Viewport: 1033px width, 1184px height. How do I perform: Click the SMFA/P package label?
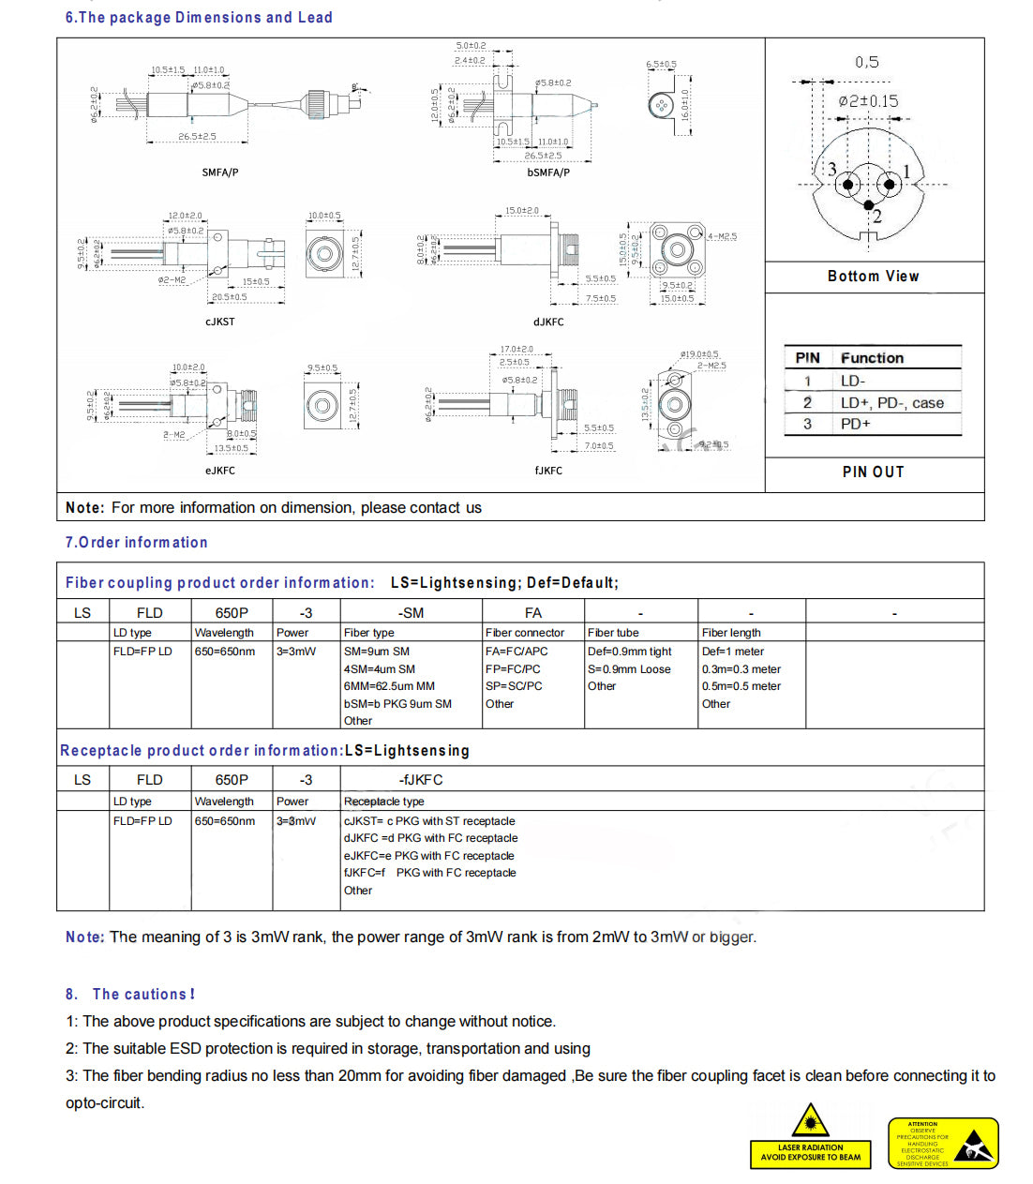click(x=220, y=172)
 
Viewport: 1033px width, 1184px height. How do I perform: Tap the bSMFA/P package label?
click(x=548, y=172)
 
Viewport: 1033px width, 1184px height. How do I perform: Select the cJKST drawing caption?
click(x=220, y=322)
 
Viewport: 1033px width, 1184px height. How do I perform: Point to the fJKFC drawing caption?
click(x=548, y=471)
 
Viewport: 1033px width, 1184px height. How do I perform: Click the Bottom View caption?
click(x=873, y=277)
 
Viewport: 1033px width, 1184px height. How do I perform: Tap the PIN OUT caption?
click(x=873, y=472)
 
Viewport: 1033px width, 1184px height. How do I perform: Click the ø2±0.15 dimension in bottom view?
click(x=868, y=101)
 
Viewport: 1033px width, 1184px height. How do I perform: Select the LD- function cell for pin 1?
click(x=853, y=381)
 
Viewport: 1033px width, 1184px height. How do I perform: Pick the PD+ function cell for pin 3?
click(x=855, y=424)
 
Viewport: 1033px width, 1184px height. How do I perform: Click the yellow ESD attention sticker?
click(x=943, y=1143)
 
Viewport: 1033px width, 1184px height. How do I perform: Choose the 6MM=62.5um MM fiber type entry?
click(x=389, y=686)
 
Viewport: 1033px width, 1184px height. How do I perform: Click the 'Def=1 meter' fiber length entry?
click(x=732, y=652)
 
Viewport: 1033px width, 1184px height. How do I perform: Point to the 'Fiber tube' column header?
click(x=613, y=633)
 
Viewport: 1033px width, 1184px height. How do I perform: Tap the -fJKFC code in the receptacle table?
click(x=421, y=780)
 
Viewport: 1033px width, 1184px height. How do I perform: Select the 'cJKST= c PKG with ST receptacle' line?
click(x=429, y=821)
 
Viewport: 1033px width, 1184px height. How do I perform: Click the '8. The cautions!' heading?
click(x=130, y=994)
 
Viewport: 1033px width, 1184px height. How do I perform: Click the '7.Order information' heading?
click(x=137, y=543)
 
